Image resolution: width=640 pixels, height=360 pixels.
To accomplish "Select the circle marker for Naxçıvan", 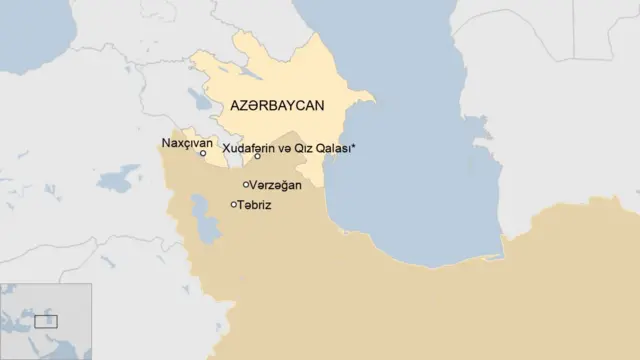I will [203, 154].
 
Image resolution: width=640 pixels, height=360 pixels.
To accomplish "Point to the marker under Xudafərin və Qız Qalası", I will [258, 157].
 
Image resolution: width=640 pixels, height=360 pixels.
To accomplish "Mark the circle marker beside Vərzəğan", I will [246, 185].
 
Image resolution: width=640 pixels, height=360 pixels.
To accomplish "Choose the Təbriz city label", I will [255, 205].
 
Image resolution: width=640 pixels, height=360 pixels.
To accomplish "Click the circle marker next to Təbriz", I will [234, 205].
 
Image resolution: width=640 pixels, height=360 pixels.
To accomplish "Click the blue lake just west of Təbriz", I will [207, 223].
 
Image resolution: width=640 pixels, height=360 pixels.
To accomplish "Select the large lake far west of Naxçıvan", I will [119, 178].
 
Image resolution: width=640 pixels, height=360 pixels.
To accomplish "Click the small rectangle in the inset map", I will [46, 321].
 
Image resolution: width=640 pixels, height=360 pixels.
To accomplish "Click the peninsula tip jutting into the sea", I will [371, 98].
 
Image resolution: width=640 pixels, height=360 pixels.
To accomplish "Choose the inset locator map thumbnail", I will [46, 321].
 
